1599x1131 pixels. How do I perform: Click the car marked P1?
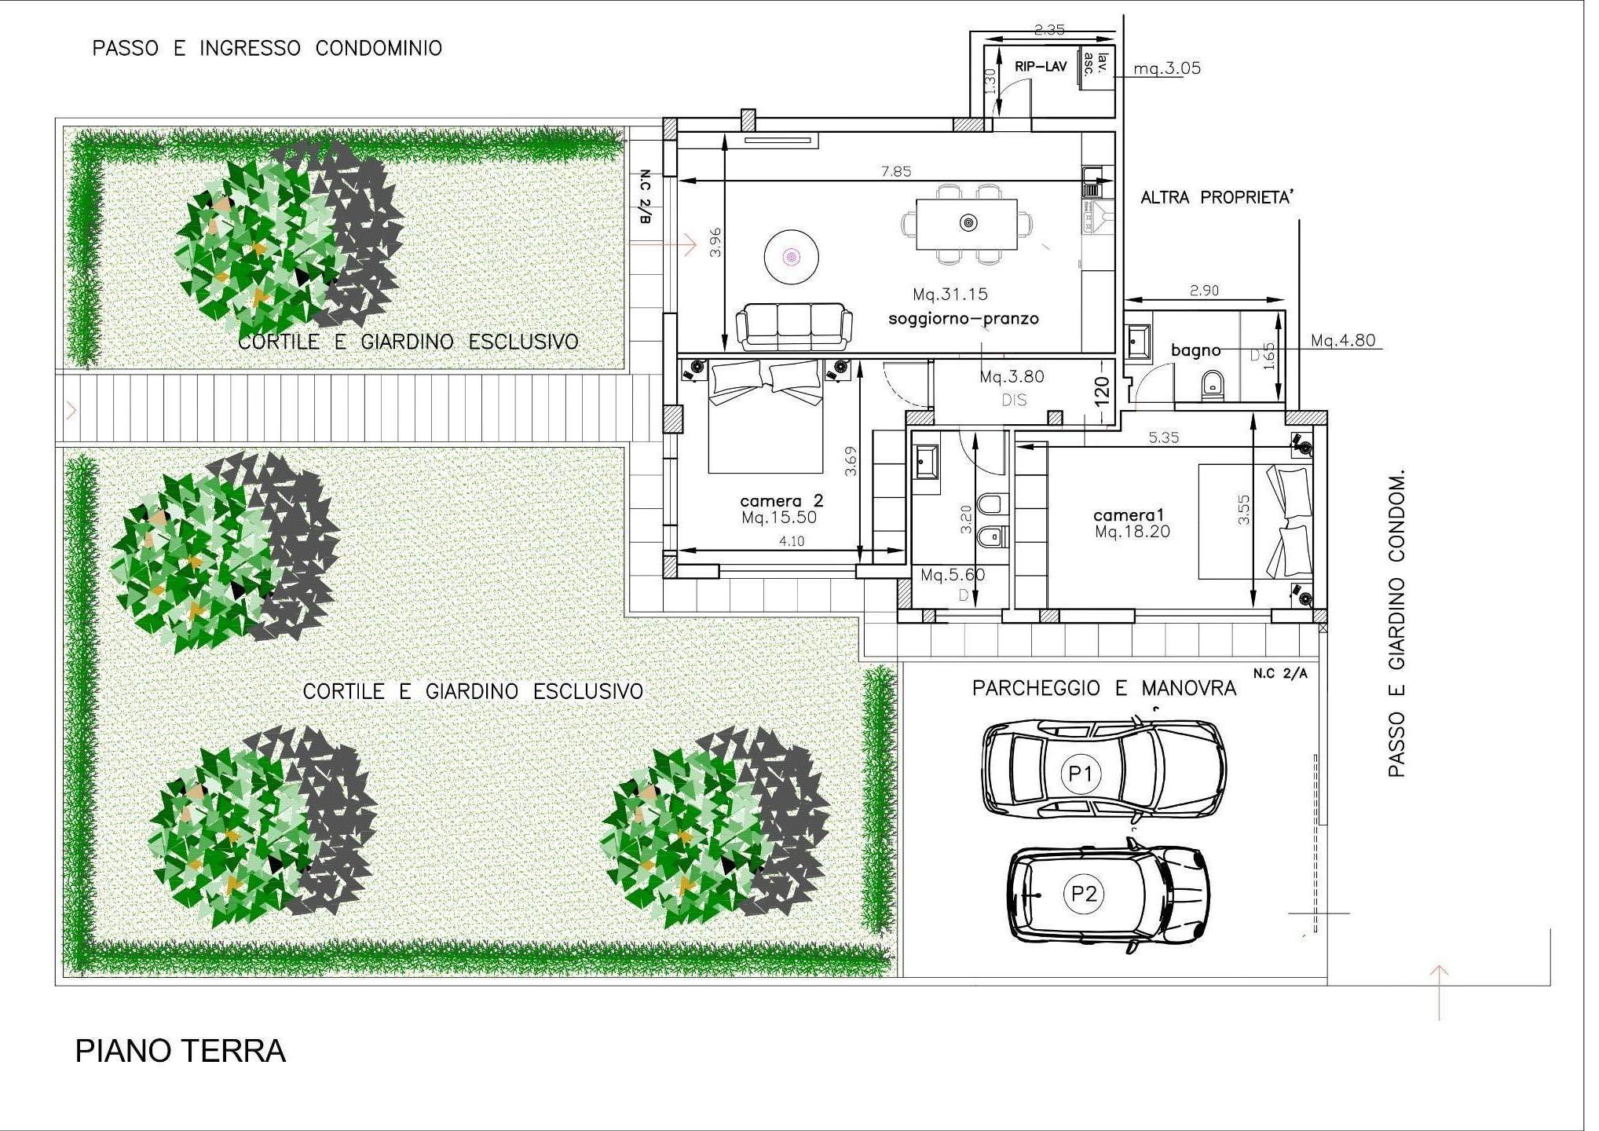tap(1103, 767)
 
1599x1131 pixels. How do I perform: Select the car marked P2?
tap(1108, 895)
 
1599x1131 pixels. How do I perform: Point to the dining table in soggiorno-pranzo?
tap(968, 224)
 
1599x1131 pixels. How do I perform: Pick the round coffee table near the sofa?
tap(792, 257)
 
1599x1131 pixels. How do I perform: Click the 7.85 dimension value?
tap(896, 171)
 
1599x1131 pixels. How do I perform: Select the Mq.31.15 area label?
tap(950, 295)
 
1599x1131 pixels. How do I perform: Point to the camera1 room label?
tap(1129, 515)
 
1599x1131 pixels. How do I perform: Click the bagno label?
tap(1196, 350)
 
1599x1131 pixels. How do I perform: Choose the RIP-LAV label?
tap(1041, 67)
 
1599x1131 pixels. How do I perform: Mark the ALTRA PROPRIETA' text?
tap(1217, 198)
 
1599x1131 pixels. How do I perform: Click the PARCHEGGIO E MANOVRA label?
tap(1104, 689)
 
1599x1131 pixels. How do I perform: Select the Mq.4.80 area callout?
tap(1343, 341)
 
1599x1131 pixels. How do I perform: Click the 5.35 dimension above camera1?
tap(1164, 437)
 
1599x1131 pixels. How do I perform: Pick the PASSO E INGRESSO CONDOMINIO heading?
tap(267, 49)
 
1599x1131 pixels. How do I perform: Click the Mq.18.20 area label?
tap(1132, 532)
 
